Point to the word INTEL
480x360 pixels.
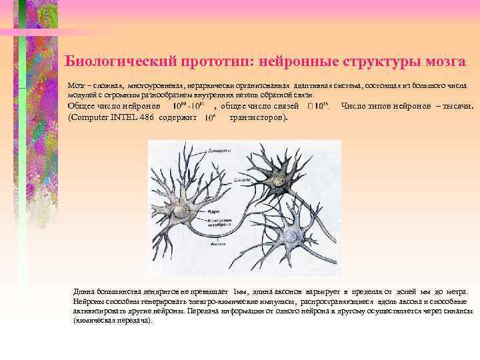tap(126, 117)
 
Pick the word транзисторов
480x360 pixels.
tap(257, 117)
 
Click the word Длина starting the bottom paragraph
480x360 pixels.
tap(86, 292)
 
